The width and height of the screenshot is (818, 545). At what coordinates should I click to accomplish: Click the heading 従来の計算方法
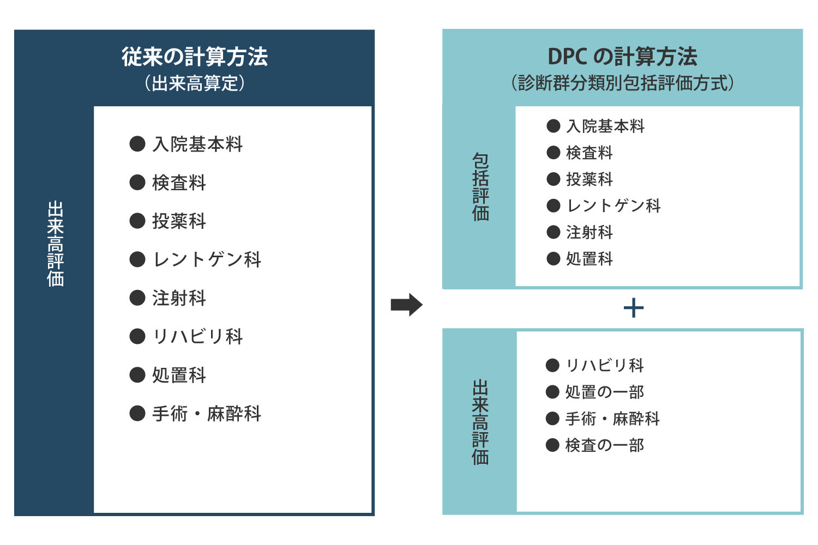[x=195, y=57]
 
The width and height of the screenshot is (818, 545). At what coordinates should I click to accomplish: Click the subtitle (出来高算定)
[x=195, y=83]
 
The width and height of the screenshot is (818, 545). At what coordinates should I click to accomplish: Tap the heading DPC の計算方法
[x=622, y=57]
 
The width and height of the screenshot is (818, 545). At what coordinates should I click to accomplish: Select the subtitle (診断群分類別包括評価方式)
[x=622, y=83]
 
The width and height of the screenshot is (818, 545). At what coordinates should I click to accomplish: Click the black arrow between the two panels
[x=406, y=305]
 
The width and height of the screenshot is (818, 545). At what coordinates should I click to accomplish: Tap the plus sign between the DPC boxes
[x=633, y=308]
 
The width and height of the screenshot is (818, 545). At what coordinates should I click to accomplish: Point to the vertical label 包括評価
[x=480, y=187]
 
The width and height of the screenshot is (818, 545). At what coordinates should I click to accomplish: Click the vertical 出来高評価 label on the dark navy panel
[x=55, y=244]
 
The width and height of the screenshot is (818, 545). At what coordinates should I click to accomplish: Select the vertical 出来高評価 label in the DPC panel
[x=480, y=422]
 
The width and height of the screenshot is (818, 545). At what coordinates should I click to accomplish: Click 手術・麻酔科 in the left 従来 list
[x=207, y=414]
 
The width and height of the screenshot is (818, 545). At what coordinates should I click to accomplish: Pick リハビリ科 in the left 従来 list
[x=197, y=337]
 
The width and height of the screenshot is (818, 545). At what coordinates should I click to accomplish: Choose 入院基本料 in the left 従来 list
[x=197, y=144]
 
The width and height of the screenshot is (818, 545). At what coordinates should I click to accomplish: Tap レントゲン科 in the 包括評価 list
[x=613, y=206]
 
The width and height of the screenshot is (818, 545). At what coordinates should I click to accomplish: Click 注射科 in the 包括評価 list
[x=590, y=233]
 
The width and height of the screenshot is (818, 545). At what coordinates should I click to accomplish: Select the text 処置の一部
[x=605, y=392]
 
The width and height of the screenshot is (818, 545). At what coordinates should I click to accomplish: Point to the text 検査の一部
[x=605, y=445]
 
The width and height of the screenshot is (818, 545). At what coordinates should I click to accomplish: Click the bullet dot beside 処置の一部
[x=552, y=392]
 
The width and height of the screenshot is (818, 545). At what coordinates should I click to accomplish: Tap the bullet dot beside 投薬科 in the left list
[x=137, y=221]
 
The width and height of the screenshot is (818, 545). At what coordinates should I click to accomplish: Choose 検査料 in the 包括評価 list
[x=590, y=153]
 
